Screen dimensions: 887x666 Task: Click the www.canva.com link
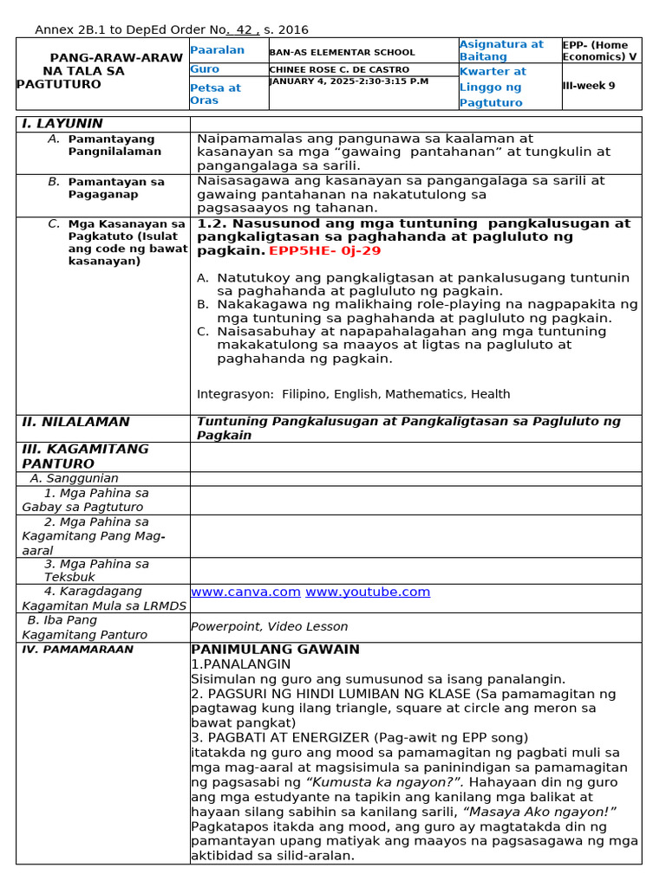click(x=245, y=592)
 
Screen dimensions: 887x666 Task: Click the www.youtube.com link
click(x=368, y=592)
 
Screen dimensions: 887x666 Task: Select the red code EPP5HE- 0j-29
click(x=324, y=251)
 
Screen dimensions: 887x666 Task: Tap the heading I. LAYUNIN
click(x=62, y=124)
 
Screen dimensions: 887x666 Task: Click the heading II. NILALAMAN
click(x=75, y=422)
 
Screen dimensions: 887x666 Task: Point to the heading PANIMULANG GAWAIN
click(x=275, y=650)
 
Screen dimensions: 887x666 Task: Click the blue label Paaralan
click(x=217, y=50)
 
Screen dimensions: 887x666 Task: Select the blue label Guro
click(x=205, y=69)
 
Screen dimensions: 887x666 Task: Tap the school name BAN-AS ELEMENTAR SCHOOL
click(x=330, y=53)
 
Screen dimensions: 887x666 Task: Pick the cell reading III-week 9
click(x=589, y=86)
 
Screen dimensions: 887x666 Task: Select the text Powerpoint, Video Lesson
click(x=269, y=626)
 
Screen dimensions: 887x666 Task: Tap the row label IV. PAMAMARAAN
click(x=77, y=649)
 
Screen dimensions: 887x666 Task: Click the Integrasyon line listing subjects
click(x=353, y=394)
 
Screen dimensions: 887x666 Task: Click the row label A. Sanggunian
click(x=74, y=478)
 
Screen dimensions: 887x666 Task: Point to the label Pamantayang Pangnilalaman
click(x=114, y=145)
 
